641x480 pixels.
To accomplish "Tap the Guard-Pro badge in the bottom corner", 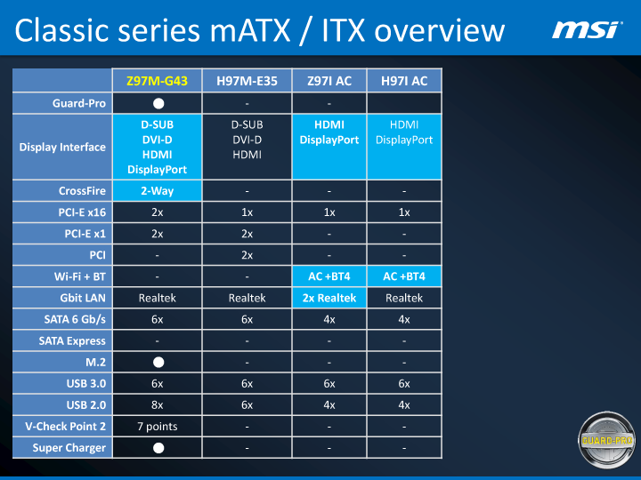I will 607,437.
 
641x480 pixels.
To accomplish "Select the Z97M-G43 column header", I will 158,81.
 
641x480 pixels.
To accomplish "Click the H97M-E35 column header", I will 247,81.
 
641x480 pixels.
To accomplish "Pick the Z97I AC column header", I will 329,81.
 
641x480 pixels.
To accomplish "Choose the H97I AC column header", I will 404,81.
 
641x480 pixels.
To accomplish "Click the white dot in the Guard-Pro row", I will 158,104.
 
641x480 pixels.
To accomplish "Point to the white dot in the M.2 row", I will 158,362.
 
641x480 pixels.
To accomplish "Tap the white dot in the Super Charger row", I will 158,447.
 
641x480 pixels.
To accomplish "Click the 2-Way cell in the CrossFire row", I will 158,191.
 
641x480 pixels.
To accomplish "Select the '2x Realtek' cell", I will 329,298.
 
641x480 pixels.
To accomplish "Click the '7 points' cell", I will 158,426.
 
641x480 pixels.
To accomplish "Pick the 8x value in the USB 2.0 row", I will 158,404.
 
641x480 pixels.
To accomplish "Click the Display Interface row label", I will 62,148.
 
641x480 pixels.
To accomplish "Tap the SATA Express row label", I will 72,340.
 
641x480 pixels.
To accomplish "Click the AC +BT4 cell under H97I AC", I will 404,276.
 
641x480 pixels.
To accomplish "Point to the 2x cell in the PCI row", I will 247,255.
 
